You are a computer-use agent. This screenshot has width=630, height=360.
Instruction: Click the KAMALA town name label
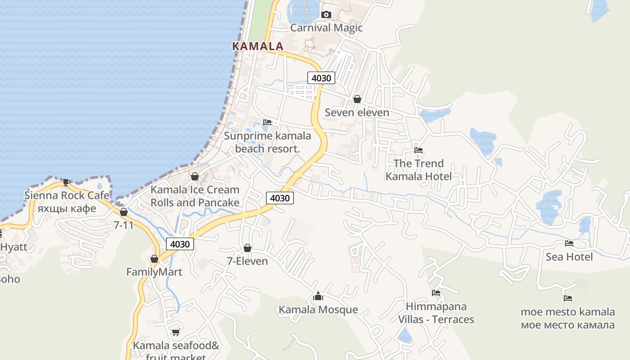coord(257,46)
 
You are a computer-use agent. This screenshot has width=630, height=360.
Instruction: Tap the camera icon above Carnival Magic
coord(326,15)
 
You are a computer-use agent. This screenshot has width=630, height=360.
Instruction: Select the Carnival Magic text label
coord(326,28)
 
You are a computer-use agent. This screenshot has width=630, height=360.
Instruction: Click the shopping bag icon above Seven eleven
coord(357,99)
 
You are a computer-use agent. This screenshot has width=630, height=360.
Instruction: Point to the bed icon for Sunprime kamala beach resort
coord(267,122)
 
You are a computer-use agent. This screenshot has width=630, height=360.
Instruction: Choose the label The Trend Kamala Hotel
coord(418,170)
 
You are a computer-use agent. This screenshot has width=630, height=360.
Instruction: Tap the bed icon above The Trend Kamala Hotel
coord(418,150)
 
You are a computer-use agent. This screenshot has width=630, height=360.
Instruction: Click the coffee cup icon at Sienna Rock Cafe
coord(67,182)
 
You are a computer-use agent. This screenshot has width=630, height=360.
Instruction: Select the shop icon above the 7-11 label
coord(124,212)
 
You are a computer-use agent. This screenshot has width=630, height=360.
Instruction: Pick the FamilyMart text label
coord(154,272)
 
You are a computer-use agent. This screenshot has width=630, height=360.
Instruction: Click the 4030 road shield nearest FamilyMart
coord(180,244)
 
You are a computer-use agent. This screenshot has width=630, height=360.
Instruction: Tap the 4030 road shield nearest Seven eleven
coord(321,78)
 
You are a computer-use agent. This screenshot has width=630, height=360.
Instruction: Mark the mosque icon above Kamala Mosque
coord(318,296)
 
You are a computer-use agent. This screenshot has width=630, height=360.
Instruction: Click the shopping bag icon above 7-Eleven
coord(247,248)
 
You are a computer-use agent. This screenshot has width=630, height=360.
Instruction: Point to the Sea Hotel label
coord(569,256)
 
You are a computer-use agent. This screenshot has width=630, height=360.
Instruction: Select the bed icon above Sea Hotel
coord(569,243)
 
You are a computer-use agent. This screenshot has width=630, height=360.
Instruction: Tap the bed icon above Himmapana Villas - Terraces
coord(436,293)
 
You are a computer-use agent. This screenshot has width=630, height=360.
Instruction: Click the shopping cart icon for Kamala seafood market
coord(175,333)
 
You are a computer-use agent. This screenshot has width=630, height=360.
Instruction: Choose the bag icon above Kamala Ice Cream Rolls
coord(195,176)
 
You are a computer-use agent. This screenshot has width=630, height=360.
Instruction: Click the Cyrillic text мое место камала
coord(568,325)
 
